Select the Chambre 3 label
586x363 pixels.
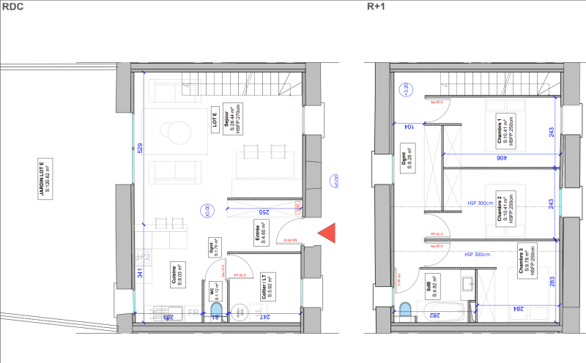(x=524, y=261)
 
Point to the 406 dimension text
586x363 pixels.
(x=501, y=157)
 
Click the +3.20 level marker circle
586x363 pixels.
(x=404, y=90)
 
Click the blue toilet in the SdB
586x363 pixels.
(x=405, y=311)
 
